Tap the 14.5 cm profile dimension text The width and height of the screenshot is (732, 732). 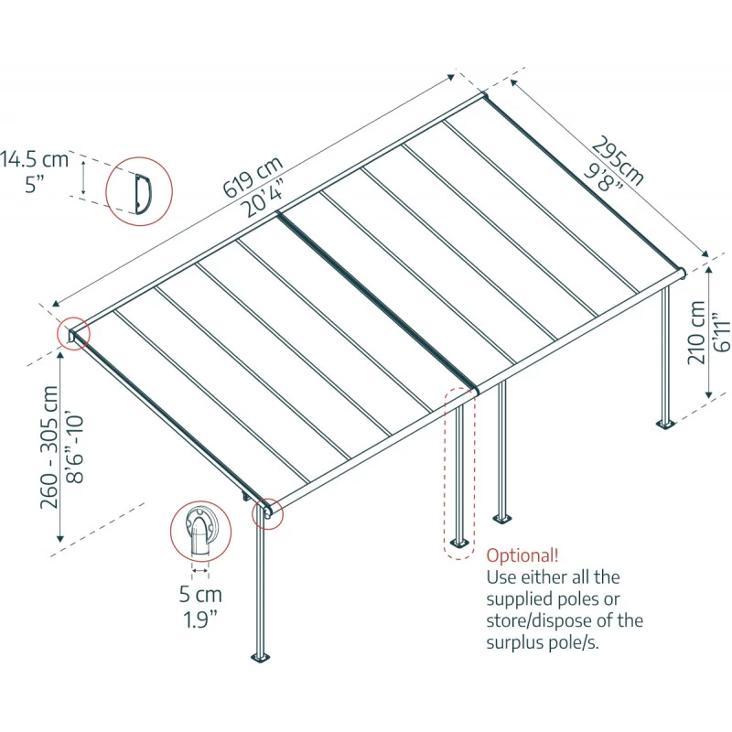[x=34, y=159]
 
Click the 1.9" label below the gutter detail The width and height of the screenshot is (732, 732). [x=200, y=619]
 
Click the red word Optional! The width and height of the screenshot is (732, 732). [x=522, y=555]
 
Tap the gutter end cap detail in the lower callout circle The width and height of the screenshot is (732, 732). [x=199, y=533]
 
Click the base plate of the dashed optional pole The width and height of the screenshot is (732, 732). [x=457, y=544]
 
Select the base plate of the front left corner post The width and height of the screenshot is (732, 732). [x=261, y=656]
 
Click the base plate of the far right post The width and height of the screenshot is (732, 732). [x=665, y=423]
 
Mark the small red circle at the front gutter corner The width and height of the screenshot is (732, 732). [x=268, y=514]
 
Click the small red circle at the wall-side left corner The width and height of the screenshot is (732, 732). [x=71, y=333]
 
